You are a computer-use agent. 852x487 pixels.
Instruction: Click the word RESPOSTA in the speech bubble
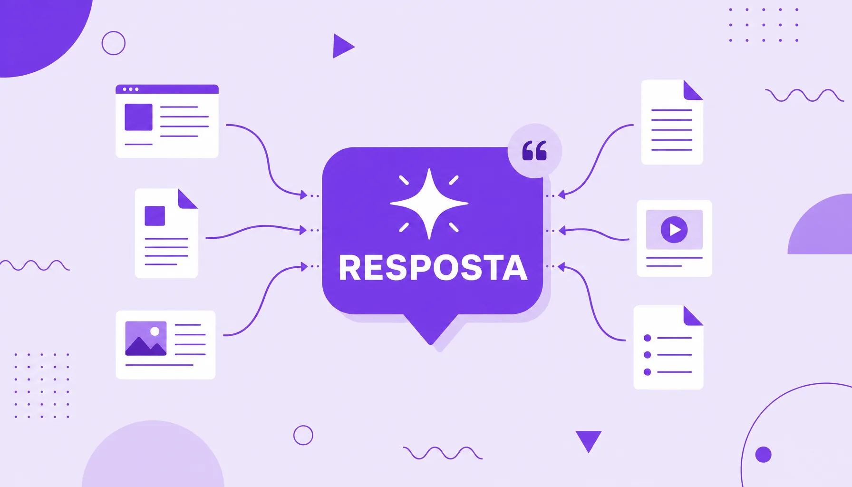(x=433, y=268)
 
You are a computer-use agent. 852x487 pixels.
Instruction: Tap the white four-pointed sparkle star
(x=429, y=204)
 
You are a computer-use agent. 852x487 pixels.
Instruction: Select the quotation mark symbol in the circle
(x=534, y=151)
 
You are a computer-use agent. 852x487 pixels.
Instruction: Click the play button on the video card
(x=674, y=230)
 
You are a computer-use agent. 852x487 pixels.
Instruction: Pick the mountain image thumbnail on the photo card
(x=146, y=339)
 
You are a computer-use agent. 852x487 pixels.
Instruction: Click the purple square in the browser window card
(x=138, y=117)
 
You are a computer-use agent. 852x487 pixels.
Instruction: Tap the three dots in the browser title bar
(x=130, y=89)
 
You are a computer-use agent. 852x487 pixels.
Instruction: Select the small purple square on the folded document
(x=155, y=216)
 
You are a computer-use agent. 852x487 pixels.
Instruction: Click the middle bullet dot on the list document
(x=647, y=355)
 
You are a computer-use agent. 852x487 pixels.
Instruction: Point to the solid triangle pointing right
(x=342, y=46)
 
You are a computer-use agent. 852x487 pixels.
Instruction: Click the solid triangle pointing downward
(x=589, y=440)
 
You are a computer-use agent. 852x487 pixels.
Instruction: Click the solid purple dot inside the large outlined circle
(x=764, y=455)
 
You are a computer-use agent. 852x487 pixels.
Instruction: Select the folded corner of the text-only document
(x=693, y=90)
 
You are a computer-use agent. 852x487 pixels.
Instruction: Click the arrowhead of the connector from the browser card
(x=304, y=195)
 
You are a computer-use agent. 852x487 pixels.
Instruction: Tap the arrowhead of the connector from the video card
(x=562, y=231)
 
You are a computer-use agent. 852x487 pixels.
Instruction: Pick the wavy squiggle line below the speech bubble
(x=443, y=453)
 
